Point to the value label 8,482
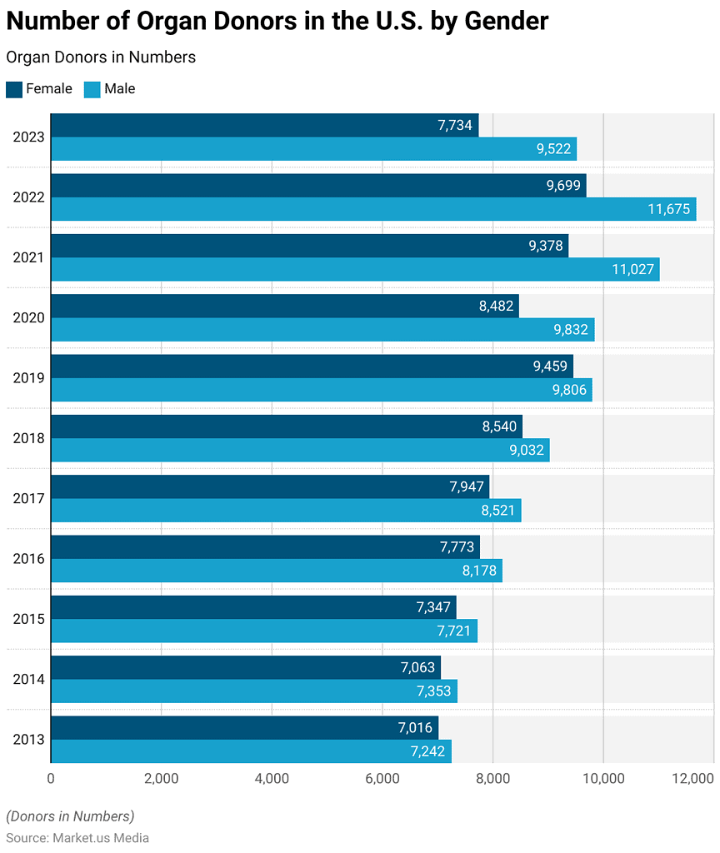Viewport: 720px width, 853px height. pos(496,306)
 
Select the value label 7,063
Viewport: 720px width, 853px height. pos(417,667)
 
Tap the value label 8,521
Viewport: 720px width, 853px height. pos(497,510)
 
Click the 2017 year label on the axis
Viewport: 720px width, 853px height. pos(28,498)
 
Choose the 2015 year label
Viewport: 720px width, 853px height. pos(28,619)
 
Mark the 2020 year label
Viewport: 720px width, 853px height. pos(28,317)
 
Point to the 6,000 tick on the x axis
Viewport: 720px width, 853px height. pos(382,779)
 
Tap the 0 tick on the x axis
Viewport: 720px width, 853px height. pos(51,779)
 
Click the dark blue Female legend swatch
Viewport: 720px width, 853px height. pos(14,89)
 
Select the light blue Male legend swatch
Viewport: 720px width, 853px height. pos(92,89)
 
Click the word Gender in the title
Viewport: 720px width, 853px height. pos(506,21)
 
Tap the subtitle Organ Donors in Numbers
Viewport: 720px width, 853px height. pos(101,57)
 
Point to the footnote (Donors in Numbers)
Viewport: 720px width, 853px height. pos(70,816)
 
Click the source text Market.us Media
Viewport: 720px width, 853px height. pos(101,837)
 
